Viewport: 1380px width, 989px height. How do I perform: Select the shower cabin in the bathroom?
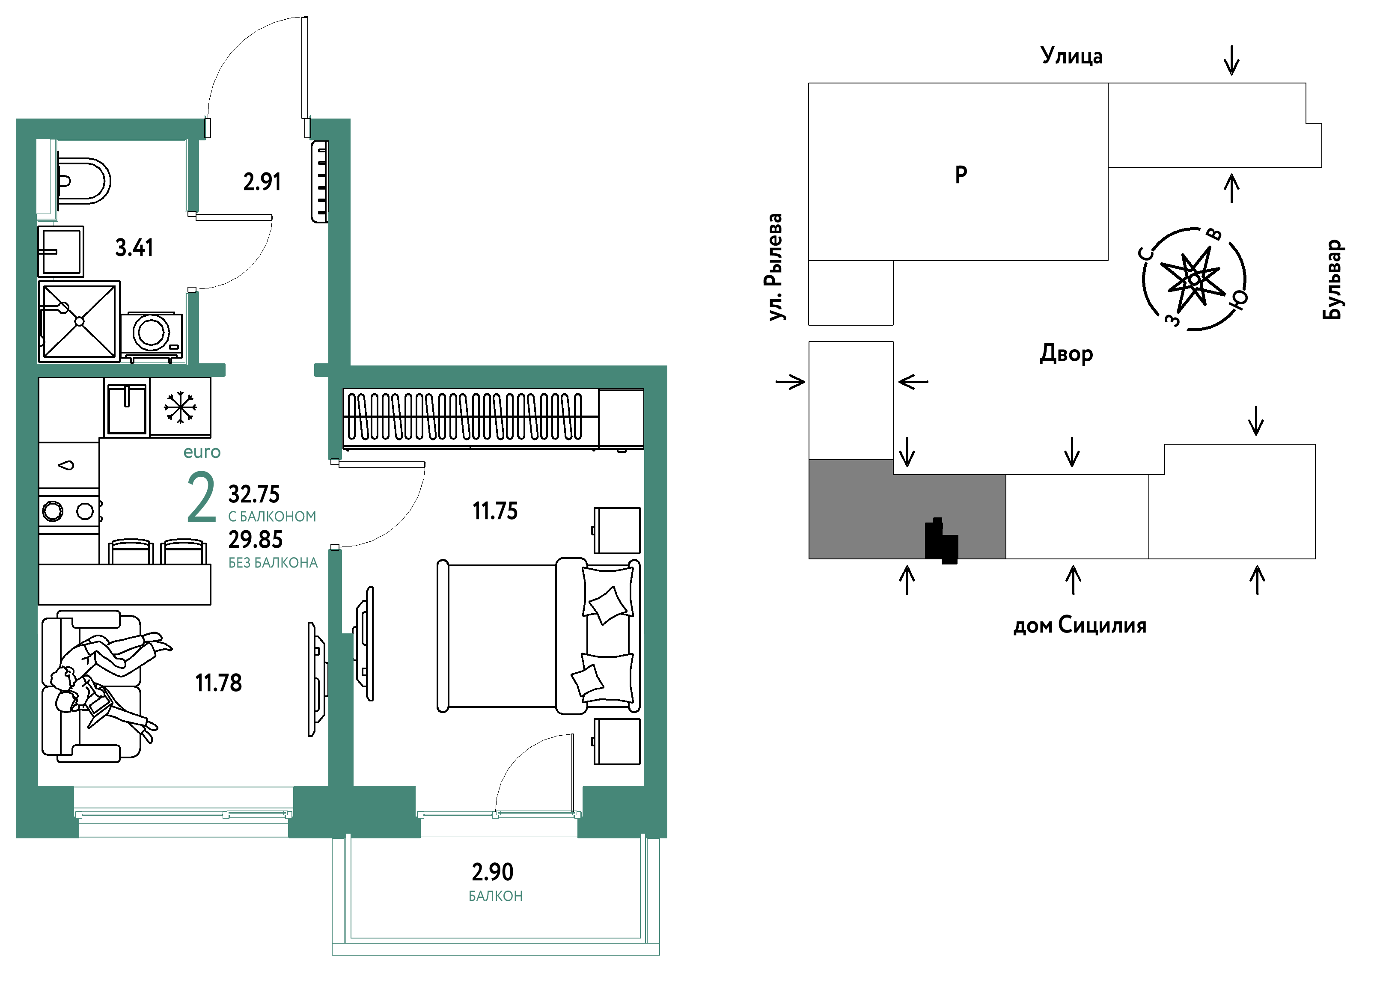pyautogui.click(x=79, y=321)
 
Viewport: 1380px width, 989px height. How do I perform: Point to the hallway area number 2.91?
pyautogui.click(x=262, y=182)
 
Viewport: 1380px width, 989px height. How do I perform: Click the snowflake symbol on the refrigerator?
pyautogui.click(x=180, y=407)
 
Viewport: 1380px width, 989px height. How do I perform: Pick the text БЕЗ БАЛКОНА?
pyautogui.click(x=273, y=563)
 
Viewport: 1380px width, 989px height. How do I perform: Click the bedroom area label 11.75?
pyautogui.click(x=495, y=511)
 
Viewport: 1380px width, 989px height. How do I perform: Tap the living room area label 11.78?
pyautogui.click(x=218, y=683)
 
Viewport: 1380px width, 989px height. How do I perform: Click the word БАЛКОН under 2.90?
pyautogui.click(x=495, y=896)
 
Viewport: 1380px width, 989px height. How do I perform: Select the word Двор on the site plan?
pyautogui.click(x=1066, y=353)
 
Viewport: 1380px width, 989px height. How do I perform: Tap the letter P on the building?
pyautogui.click(x=961, y=175)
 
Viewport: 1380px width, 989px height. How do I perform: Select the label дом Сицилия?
pyautogui.click(x=1080, y=625)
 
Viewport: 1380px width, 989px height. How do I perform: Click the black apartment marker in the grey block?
pyautogui.click(x=941, y=541)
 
